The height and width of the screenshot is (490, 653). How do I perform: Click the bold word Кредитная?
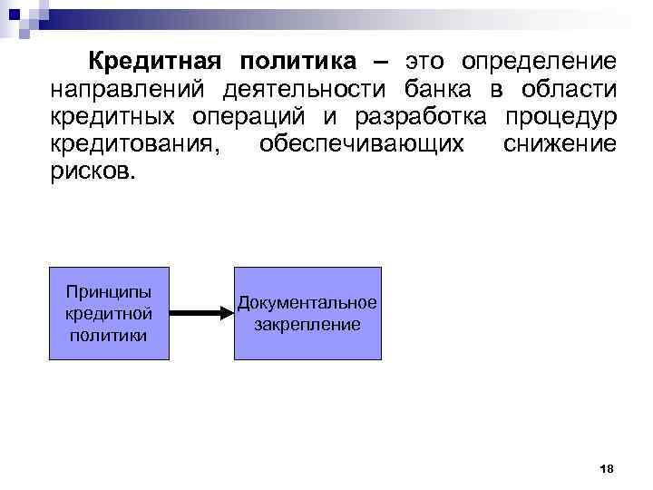click(155, 63)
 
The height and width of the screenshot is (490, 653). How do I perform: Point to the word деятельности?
click(303, 91)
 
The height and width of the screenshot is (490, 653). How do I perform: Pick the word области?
click(569, 91)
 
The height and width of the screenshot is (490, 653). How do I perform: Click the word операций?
click(249, 118)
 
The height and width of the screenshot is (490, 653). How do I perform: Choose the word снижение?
click(559, 145)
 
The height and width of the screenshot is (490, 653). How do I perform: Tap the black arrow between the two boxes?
click(202, 313)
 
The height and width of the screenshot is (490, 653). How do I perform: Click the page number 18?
click(607, 468)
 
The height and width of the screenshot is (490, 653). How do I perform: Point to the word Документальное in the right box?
click(307, 303)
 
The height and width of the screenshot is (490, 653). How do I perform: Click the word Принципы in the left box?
click(109, 292)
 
